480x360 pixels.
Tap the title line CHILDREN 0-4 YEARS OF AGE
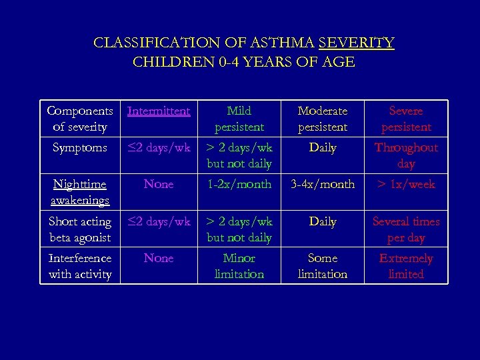click(244, 63)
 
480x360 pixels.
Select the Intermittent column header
click(159, 111)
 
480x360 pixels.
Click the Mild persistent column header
click(239, 119)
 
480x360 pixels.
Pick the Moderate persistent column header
click(323, 119)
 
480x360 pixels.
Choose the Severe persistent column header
click(406, 119)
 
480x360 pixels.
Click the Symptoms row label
click(79, 148)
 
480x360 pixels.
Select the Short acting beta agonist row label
click(79, 229)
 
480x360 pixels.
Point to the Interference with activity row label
click(79, 266)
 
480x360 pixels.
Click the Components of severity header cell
click(79, 119)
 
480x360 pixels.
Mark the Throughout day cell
click(406, 155)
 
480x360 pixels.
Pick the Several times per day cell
click(406, 229)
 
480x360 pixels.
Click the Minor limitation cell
click(239, 266)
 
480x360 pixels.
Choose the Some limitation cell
click(323, 266)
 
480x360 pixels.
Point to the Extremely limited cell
click(406, 266)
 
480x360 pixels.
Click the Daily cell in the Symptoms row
click(323, 148)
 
